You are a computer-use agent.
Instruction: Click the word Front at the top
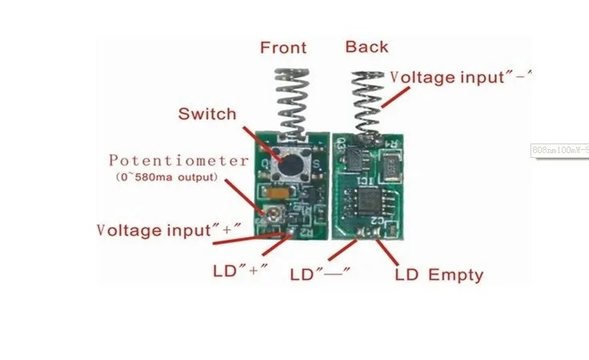point(283,47)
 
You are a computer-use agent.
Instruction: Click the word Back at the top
point(366,47)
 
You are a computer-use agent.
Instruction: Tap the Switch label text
point(207,114)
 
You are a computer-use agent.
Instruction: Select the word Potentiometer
point(179,160)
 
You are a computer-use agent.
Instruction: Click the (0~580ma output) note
point(165,176)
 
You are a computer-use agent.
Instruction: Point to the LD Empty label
point(439,275)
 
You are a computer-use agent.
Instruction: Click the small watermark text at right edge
point(560,149)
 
